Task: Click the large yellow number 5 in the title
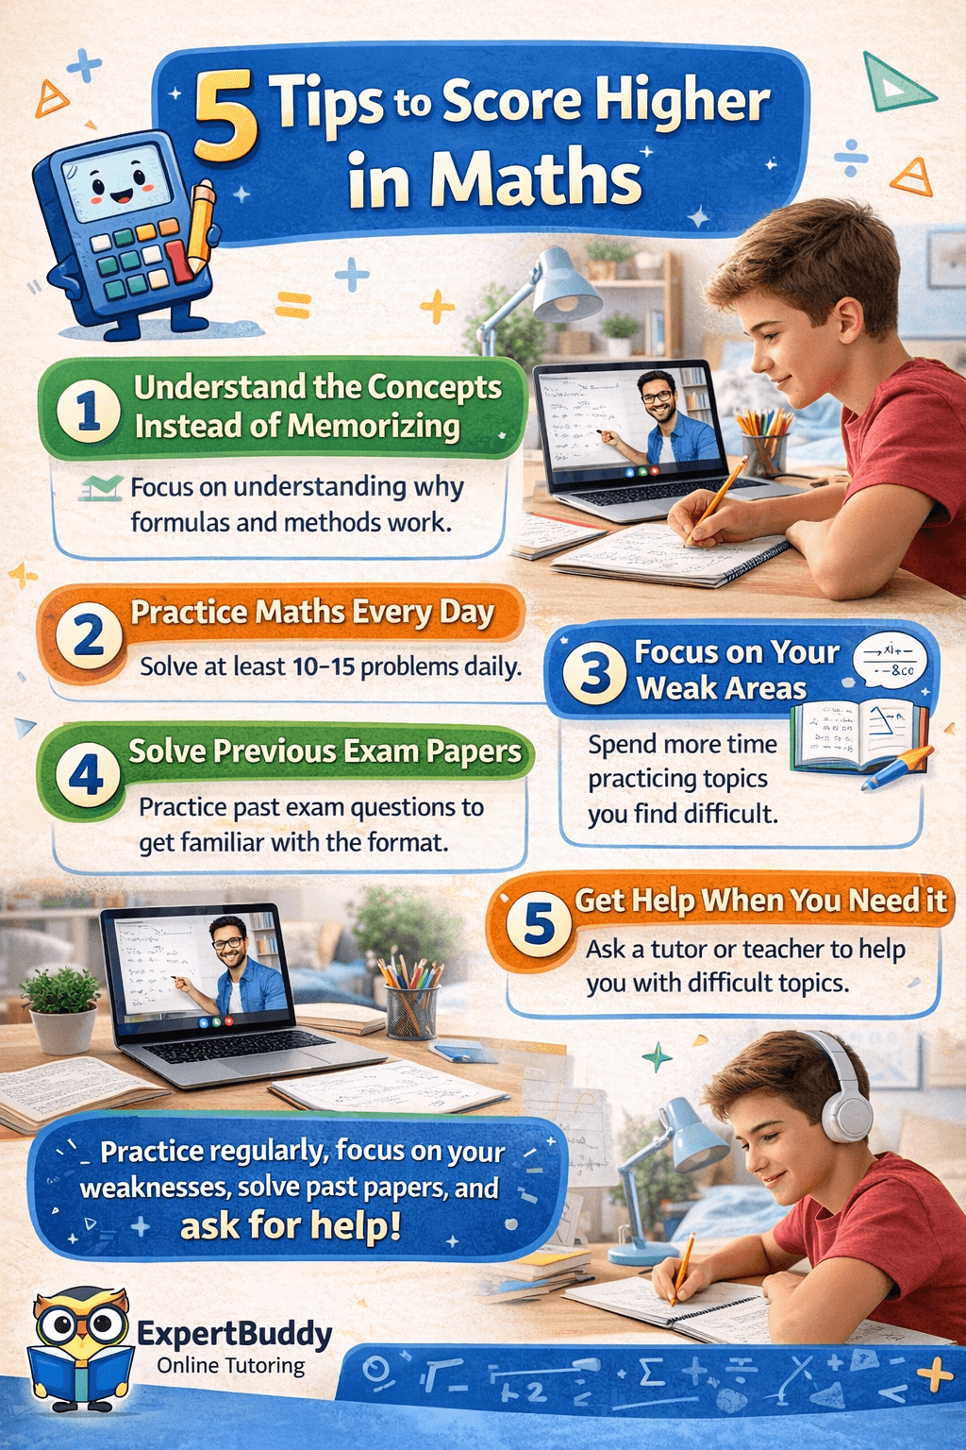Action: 225,118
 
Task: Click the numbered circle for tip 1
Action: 88,410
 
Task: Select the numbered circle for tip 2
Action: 89,637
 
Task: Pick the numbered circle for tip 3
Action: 594,672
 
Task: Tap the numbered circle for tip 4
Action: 87,774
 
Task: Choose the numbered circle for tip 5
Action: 539,925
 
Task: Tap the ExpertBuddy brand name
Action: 235,1334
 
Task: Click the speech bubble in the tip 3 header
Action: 889,661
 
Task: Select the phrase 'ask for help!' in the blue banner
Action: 291,1225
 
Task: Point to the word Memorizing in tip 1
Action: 374,427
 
